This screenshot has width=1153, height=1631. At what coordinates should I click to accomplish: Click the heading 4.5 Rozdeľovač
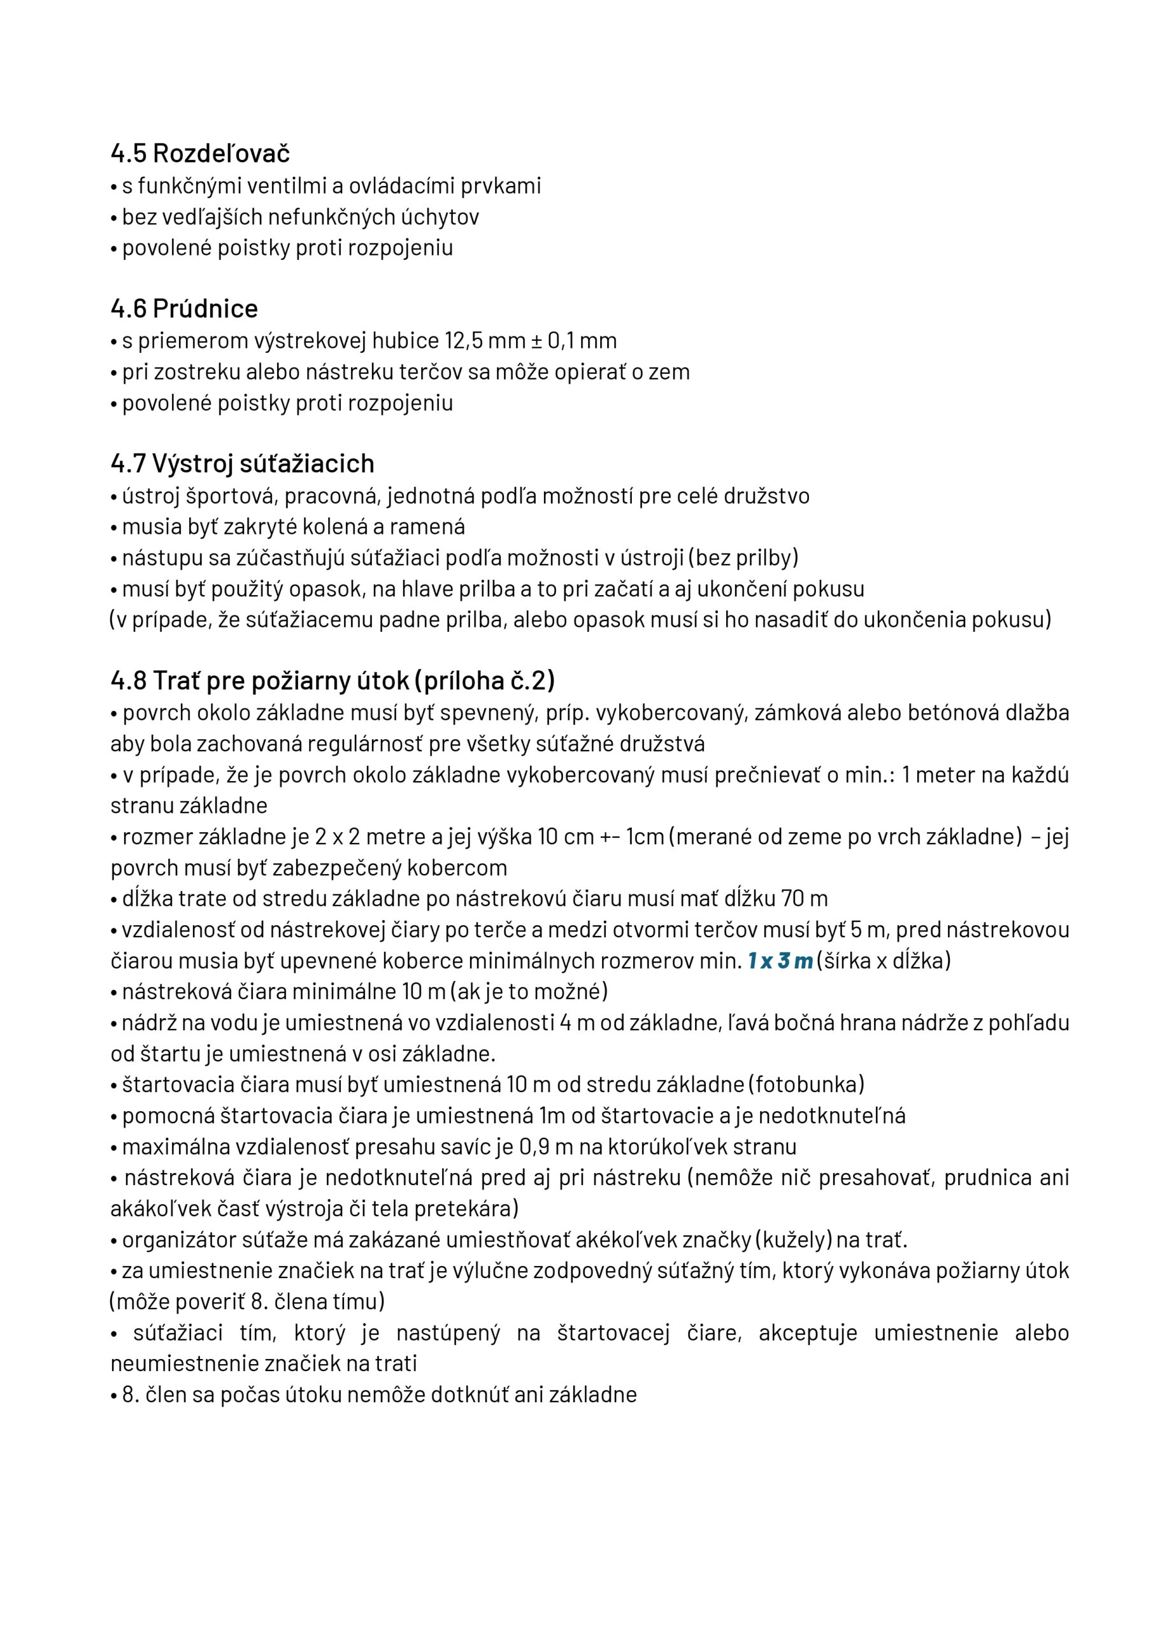point(199,154)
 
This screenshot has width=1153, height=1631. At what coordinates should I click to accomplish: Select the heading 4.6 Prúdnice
point(184,308)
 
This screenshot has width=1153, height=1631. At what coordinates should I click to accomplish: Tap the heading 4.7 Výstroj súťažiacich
point(242,463)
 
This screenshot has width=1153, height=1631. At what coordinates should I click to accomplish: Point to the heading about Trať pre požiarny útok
point(333,680)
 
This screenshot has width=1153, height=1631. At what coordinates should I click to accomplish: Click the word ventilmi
point(286,186)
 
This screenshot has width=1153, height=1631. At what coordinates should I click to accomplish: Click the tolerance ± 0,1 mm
point(575,341)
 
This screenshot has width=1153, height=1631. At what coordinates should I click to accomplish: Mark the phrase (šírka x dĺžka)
point(883,961)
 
